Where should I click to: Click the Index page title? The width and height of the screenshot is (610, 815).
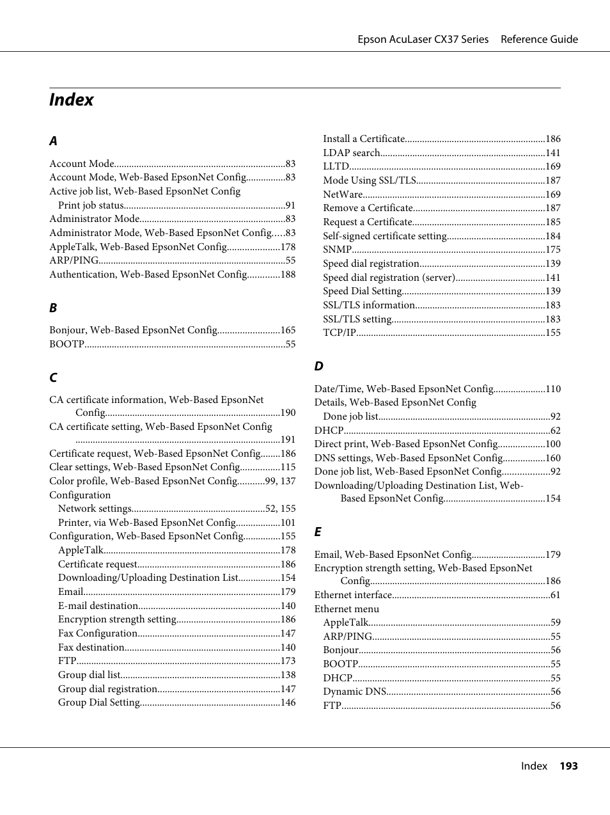tap(71, 100)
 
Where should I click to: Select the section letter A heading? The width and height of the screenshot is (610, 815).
tap(53, 141)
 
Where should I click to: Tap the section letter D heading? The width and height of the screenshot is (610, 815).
tap(318, 367)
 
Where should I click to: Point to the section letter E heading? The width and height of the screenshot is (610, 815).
tap(318, 532)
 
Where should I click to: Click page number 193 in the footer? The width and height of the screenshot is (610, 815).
tap(568, 766)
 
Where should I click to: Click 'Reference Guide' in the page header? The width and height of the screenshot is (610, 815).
tap(539, 40)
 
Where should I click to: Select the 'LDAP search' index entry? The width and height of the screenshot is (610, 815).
tap(351, 153)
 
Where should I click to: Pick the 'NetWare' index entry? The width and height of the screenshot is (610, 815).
tap(343, 194)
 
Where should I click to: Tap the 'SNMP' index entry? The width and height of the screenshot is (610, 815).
tap(337, 250)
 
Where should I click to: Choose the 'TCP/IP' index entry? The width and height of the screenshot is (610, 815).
tap(339, 333)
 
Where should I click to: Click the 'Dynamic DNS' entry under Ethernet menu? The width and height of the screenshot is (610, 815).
tap(354, 692)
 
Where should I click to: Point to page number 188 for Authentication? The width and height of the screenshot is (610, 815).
tap(288, 274)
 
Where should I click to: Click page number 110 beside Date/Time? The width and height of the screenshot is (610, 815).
tap(552, 389)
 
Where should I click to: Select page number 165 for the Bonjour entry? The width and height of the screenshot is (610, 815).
tap(288, 330)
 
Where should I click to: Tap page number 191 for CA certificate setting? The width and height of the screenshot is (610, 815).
tap(288, 439)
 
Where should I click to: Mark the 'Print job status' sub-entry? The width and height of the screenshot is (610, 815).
tap(91, 205)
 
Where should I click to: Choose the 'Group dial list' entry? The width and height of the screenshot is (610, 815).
tap(89, 675)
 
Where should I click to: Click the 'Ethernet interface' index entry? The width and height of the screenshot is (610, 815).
tap(352, 595)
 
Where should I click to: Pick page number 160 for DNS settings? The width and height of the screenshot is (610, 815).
tap(552, 458)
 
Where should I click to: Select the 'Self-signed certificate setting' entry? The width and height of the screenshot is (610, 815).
tap(384, 236)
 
